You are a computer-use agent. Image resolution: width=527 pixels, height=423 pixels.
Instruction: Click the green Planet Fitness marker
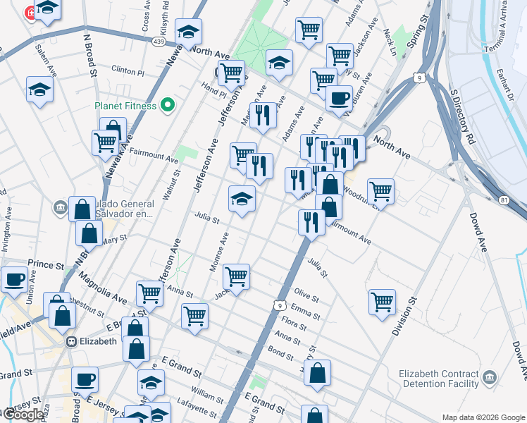[167, 106]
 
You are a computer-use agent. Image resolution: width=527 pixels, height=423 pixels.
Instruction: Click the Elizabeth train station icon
[71, 341]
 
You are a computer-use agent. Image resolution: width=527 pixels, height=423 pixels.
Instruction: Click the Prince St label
[46, 264]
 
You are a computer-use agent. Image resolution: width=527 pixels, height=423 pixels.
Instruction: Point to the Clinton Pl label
[128, 72]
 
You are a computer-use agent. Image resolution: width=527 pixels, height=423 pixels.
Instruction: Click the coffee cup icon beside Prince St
[14, 278]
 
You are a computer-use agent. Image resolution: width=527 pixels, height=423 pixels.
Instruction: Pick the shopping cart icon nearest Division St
[382, 301]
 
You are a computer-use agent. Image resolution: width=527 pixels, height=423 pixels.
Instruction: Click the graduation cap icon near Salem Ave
[40, 89]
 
